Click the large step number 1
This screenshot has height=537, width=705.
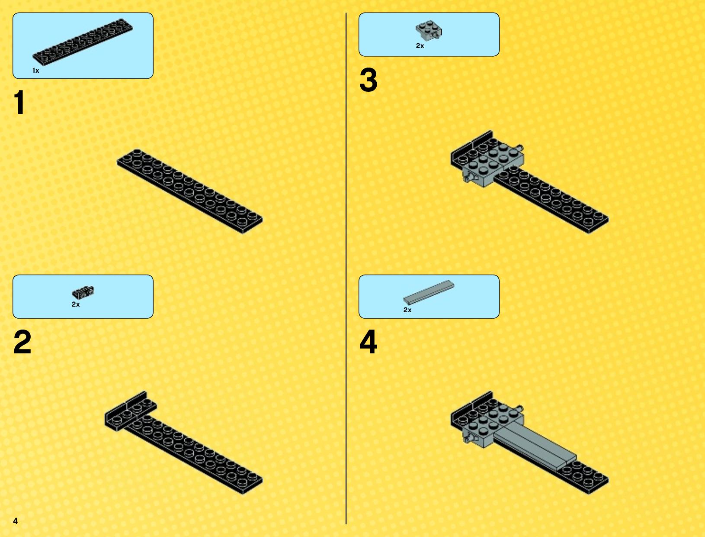[19, 102]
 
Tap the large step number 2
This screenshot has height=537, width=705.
[22, 342]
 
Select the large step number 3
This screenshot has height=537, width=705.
[368, 80]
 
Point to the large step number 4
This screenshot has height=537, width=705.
[368, 342]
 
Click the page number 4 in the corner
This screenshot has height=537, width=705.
[16, 521]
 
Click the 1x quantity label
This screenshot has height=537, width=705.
[35, 71]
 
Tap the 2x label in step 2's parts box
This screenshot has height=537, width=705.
[76, 304]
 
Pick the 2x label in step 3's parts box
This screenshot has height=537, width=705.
[420, 46]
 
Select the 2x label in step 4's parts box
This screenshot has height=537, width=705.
[407, 310]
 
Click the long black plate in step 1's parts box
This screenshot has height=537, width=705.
[83, 42]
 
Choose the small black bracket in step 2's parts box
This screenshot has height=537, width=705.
[83, 291]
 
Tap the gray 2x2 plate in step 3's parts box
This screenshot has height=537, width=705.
[429, 30]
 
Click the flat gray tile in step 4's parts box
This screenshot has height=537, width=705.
[429, 292]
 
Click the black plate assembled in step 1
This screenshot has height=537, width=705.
[189, 191]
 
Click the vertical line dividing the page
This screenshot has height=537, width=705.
[346, 268]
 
